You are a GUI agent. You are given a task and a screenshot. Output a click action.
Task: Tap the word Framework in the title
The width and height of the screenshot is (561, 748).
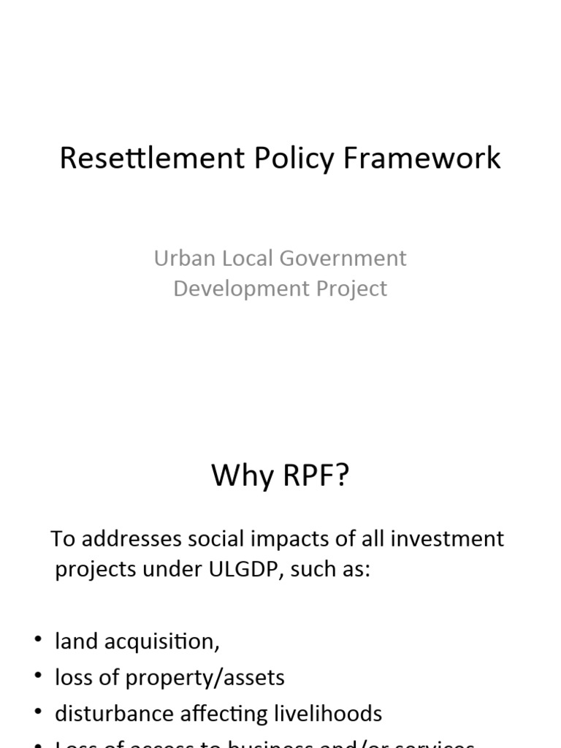423,159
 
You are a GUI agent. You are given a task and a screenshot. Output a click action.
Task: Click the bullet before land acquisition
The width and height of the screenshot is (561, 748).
37,641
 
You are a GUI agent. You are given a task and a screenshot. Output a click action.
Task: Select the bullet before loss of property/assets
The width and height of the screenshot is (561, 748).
37,676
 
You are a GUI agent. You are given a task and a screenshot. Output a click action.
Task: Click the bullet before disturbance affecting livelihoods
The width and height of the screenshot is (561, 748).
37,712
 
